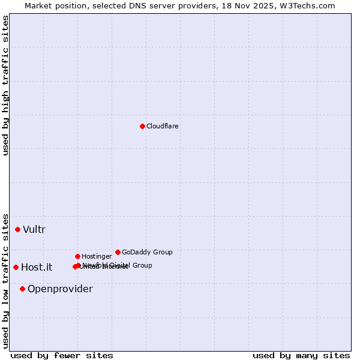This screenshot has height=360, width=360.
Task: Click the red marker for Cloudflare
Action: coord(142,126)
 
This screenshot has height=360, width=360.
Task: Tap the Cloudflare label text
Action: coord(163,127)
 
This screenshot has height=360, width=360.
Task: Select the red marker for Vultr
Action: coord(18,229)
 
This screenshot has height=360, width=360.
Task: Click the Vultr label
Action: coord(34,230)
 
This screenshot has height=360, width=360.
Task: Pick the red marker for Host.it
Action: coord(16,267)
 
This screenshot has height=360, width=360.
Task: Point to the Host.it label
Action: coord(37,268)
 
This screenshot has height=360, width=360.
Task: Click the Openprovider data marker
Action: coord(22,289)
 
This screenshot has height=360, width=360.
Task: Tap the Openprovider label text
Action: coord(60,289)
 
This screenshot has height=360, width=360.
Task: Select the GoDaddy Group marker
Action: coord(118,252)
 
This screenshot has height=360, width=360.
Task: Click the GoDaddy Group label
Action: coord(147,253)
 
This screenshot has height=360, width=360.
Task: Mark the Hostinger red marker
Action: coord(77,256)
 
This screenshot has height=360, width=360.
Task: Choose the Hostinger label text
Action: coord(97,257)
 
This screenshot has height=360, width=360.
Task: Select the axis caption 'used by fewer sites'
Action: coord(62,356)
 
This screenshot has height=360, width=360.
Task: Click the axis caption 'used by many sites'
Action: coord(301,356)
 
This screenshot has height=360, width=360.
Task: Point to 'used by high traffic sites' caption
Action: coord(6,85)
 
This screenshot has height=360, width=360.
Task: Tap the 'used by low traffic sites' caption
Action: coord(6,281)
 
